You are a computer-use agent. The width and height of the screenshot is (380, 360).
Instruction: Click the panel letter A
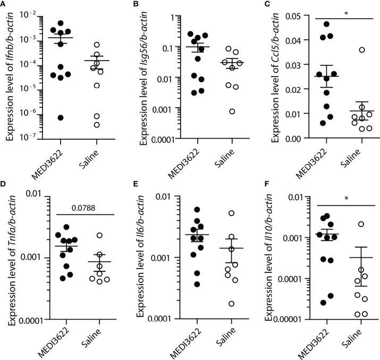(x=4, y=4)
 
